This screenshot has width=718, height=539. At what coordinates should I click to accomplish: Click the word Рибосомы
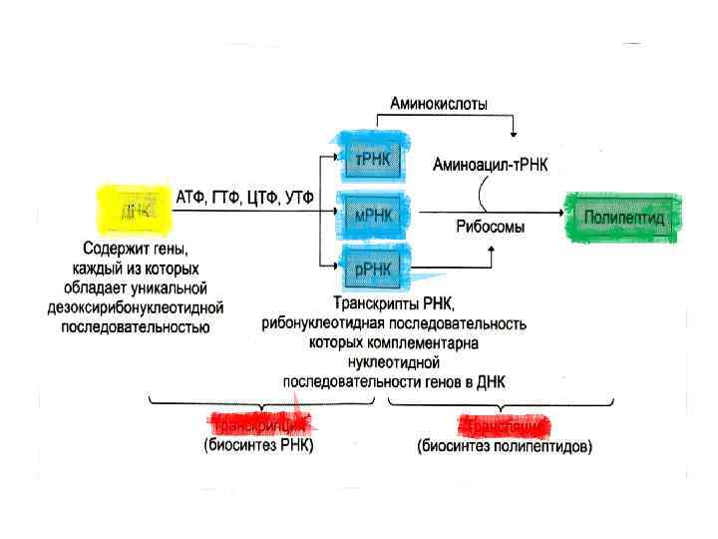491,227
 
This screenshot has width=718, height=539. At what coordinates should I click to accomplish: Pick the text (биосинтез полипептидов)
505,446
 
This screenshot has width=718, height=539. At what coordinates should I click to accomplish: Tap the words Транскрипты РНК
394,304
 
